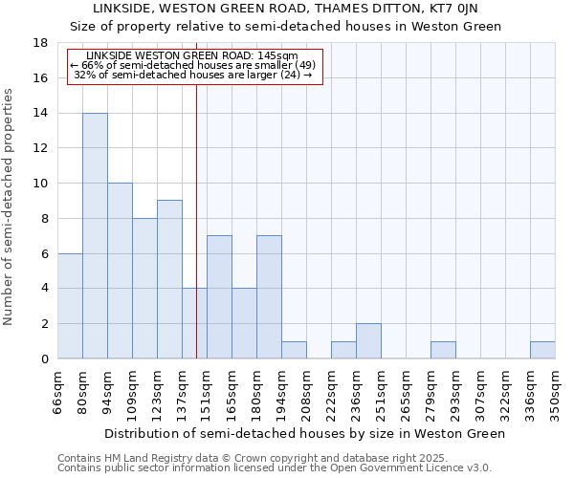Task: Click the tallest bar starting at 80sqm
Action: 95,236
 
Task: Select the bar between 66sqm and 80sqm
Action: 70,306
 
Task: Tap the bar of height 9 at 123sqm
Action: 169,279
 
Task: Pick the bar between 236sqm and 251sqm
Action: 368,341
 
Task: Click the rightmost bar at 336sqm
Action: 542,350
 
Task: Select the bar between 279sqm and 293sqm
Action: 443,350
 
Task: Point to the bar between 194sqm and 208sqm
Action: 294,350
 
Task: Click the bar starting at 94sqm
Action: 120,271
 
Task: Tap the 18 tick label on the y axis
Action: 40,43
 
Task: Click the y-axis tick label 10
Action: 40,184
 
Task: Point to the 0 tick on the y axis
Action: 44,359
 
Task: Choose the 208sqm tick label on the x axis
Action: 307,392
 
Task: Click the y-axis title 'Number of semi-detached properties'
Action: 9,206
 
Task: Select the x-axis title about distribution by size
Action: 304,433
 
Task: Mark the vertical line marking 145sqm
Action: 196,220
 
